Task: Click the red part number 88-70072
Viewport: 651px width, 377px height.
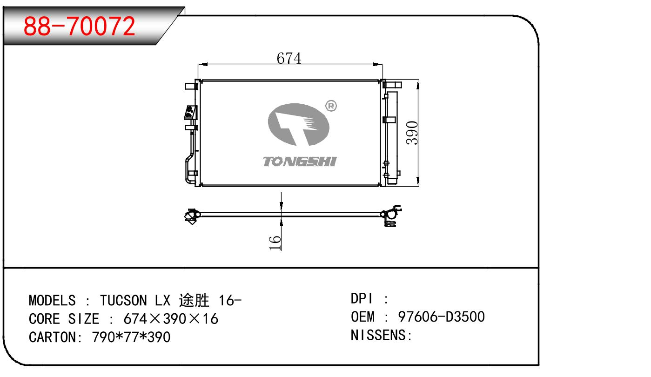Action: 80,26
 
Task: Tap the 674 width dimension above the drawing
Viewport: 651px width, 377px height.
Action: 289,58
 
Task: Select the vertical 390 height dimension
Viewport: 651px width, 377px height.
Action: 412,133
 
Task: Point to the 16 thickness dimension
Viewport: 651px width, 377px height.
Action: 275,242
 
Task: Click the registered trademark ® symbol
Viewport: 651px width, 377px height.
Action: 331,106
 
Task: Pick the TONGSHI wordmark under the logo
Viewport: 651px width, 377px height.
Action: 300,162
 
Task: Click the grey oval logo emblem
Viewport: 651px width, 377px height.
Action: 298,124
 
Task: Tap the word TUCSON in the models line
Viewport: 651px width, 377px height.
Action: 123,301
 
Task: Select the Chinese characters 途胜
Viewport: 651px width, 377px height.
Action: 194,300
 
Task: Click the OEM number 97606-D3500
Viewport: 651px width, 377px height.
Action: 441,317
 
